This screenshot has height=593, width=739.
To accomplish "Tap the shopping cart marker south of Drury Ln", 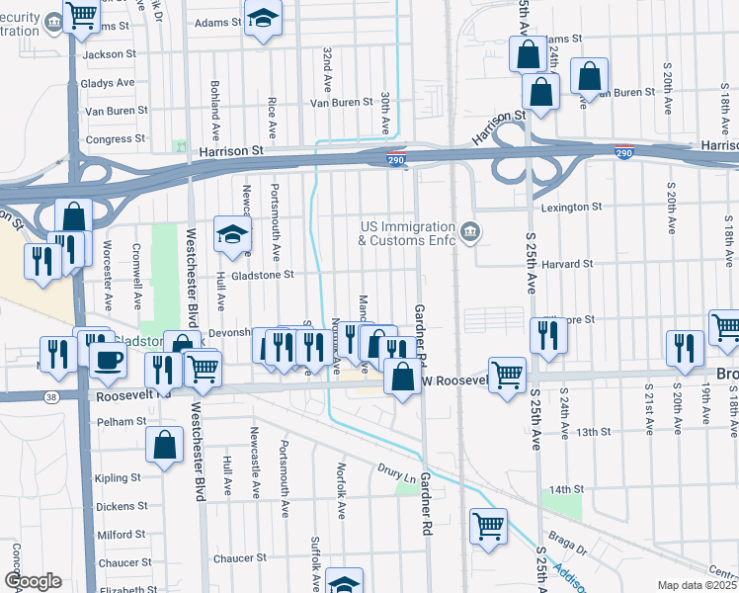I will click(488, 525).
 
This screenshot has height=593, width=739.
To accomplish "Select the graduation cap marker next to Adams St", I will click(263, 19).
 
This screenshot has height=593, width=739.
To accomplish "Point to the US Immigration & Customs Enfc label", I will click(407, 233).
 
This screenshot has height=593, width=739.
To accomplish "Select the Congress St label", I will click(115, 139).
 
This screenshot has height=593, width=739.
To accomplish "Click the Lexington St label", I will click(572, 208).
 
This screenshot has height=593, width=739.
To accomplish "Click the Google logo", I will click(32, 581).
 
